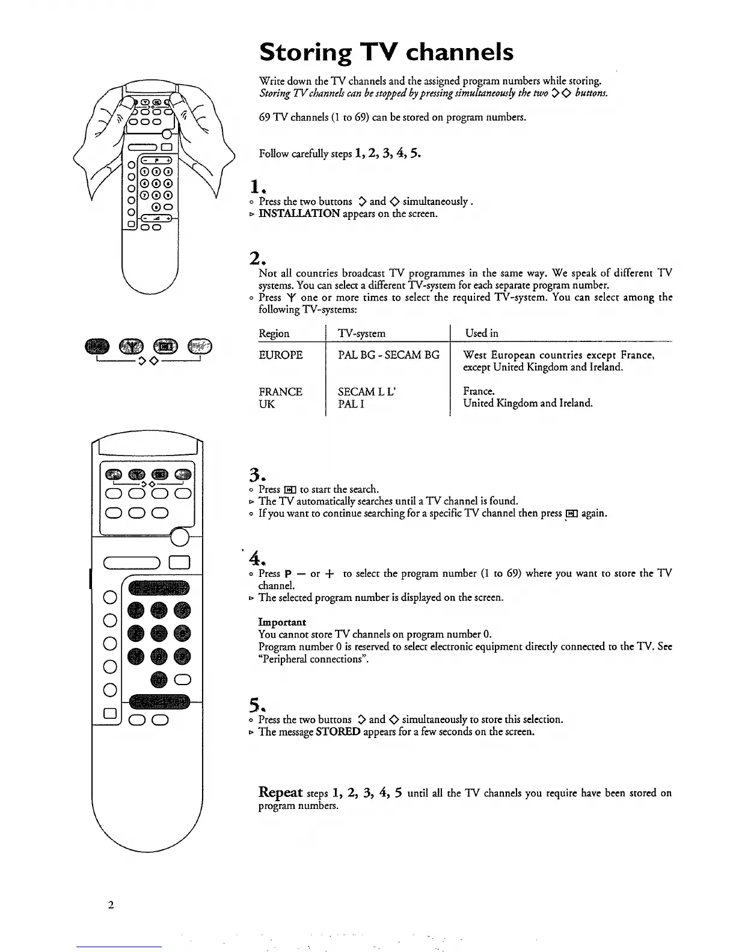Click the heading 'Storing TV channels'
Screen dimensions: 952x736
[386, 52]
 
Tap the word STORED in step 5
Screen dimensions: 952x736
[338, 732]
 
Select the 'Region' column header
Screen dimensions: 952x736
[274, 334]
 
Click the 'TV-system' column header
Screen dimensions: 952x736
[361, 334]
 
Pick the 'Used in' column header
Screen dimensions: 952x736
[481, 333]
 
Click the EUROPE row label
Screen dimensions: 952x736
[280, 355]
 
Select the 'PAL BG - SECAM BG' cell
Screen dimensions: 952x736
[388, 355]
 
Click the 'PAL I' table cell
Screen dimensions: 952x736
[349, 404]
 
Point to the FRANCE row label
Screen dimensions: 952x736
[280, 392]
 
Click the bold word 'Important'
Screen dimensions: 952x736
[282, 622]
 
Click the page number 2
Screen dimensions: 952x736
[111, 906]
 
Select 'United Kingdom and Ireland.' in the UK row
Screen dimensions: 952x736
[527, 403]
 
